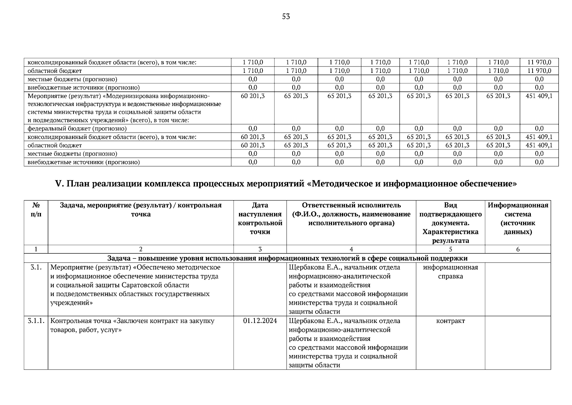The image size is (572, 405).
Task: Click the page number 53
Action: point(286,17)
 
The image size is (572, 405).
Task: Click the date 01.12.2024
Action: point(260,321)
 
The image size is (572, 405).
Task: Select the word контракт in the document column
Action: point(450,321)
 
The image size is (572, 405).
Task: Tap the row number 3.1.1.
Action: point(36,321)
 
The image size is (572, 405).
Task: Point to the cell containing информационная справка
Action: point(450,272)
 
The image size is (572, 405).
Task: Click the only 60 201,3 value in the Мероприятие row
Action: point(252,96)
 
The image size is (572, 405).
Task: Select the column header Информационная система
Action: point(518,218)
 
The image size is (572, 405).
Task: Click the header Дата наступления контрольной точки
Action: point(260,218)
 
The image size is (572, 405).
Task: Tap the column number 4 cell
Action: point(351,249)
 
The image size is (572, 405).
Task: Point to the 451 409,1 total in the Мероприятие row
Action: point(539,96)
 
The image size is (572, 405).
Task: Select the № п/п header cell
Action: point(36,210)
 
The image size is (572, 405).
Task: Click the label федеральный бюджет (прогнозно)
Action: point(77,129)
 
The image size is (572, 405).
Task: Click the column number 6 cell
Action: point(518,249)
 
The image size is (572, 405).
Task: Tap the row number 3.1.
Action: point(36,268)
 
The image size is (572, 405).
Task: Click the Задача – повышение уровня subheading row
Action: point(287,259)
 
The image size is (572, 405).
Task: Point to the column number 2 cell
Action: point(141,249)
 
